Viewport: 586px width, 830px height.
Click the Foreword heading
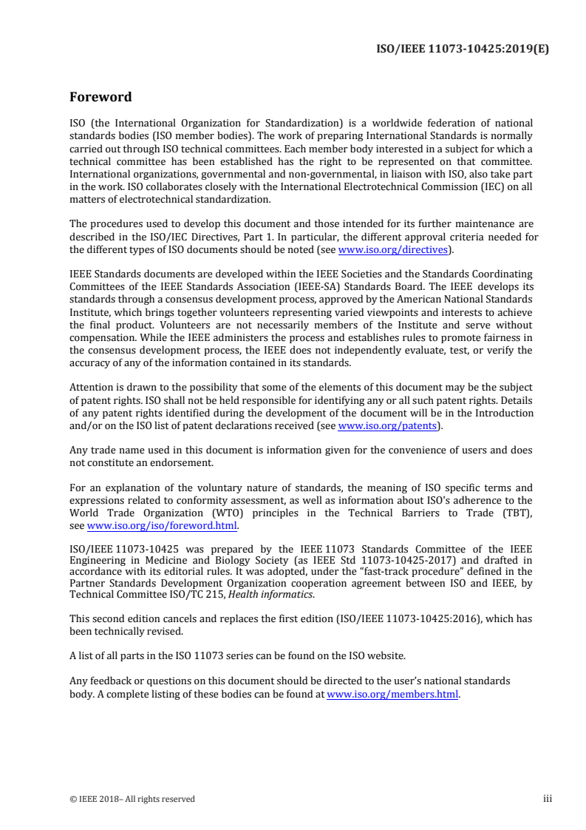(x=100, y=97)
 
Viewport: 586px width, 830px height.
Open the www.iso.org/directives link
(x=393, y=250)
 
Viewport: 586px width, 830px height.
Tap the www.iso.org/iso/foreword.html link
(x=162, y=526)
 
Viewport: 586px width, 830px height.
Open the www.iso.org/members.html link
(x=392, y=695)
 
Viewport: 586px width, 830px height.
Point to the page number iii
(x=548, y=799)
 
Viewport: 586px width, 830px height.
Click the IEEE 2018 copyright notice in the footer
(x=132, y=799)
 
